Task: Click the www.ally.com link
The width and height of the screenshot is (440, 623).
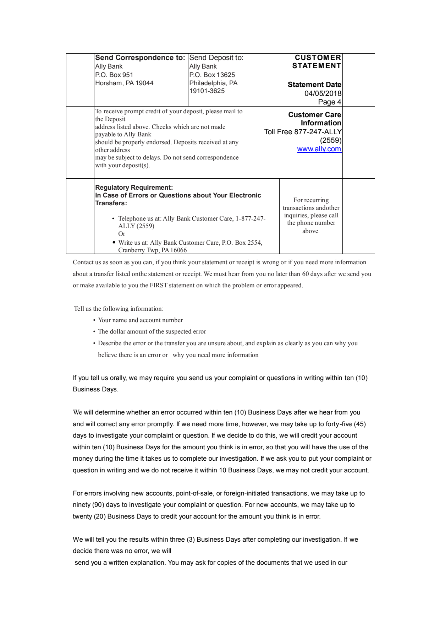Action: [319, 149]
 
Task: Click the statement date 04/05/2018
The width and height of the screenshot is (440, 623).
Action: [323, 93]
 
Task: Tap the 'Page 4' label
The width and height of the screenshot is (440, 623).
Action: [329, 102]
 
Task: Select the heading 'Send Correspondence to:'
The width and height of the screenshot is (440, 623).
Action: [140, 58]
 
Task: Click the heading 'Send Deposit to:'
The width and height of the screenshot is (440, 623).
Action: [216, 58]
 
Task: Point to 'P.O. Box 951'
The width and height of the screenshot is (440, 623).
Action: [114, 75]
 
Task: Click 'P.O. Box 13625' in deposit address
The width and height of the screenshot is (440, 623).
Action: [212, 75]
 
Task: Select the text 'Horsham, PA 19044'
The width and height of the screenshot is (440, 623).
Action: [124, 83]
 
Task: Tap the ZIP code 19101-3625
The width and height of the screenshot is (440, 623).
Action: [207, 91]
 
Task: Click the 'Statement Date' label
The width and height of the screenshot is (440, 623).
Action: [314, 85]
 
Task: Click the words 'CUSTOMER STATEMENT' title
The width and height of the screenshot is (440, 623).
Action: [317, 61]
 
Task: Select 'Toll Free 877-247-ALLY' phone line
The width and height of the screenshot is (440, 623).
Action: [303, 132]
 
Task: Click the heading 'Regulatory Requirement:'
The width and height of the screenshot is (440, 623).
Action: [134, 188]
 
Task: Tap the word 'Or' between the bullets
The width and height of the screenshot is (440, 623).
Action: [122, 234]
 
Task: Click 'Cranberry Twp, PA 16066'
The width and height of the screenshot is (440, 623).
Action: [152, 250]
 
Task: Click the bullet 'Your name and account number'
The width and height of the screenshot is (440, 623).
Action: [140, 320]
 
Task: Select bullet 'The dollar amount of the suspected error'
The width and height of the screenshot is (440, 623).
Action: [152, 331]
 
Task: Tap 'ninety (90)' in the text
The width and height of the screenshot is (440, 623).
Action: [88, 505]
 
